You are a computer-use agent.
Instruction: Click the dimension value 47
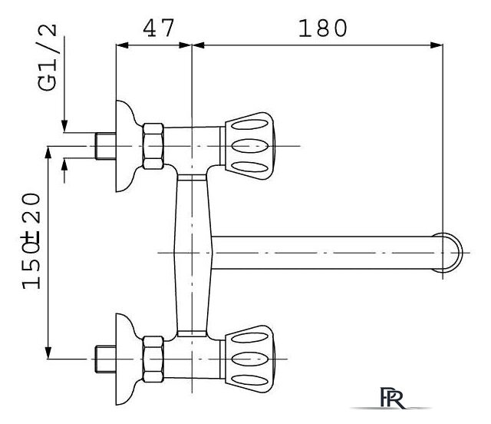coord(158,28)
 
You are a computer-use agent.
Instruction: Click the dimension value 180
coord(323,28)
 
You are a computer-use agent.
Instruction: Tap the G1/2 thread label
coord(48,58)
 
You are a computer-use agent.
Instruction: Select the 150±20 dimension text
coord(31,241)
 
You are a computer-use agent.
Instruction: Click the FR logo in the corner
coord(392,398)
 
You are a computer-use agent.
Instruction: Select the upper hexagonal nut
coord(153,146)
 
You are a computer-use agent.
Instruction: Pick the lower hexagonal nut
coord(153,359)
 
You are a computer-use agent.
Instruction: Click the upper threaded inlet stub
coord(106,146)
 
